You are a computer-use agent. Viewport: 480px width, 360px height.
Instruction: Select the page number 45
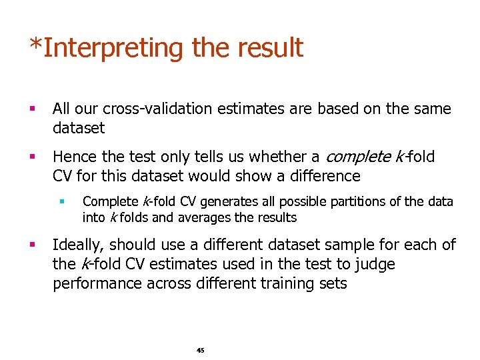click(x=201, y=350)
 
